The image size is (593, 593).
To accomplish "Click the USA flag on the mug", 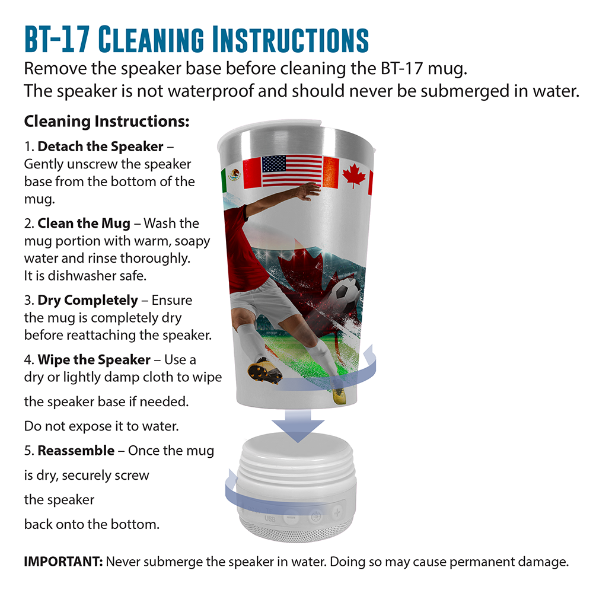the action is coord(292,171).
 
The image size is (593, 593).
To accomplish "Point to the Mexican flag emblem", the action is coord(234,175).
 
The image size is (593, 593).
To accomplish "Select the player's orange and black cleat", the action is coord(264,370).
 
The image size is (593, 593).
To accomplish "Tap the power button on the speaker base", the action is coord(316,516).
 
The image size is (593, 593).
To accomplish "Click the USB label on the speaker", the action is coord(270,518).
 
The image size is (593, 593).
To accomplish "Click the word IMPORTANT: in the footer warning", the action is coord(63,562).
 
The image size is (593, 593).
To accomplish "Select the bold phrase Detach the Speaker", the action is coord(100,146).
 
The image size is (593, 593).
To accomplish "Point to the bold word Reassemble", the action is coord(76,451).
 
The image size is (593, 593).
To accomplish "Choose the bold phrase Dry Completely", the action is coord(87,300).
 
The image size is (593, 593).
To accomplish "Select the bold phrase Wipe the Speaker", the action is coord(94,360).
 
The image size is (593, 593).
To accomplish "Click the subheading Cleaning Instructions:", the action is coord(107,122).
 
